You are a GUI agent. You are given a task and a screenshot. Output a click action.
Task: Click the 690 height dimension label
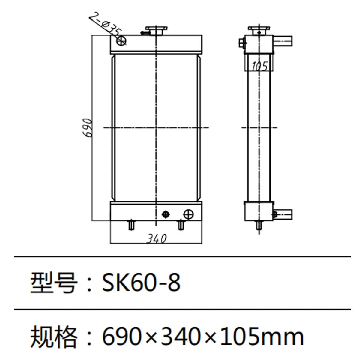(x=87, y=127)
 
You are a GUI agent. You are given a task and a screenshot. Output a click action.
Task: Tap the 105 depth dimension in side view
(x=259, y=66)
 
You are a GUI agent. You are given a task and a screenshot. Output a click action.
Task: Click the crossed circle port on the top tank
(x=122, y=41)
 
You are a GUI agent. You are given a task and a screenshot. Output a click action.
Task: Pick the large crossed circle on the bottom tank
(x=188, y=214)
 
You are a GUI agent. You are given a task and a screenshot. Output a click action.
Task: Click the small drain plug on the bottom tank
(x=165, y=214)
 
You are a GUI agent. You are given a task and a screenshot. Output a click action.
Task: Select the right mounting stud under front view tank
(x=181, y=225)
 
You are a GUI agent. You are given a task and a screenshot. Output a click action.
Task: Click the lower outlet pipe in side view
(x=283, y=214)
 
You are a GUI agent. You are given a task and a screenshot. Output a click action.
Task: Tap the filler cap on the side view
(x=259, y=30)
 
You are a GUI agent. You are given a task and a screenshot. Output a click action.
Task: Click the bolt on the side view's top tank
(x=242, y=43)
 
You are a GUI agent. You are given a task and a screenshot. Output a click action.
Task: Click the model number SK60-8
(x=141, y=283)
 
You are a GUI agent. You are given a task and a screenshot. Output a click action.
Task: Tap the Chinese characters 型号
(x=53, y=283)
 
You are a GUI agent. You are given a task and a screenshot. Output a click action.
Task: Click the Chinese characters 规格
(x=53, y=336)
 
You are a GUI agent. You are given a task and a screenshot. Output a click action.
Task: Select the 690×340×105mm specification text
(x=203, y=336)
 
